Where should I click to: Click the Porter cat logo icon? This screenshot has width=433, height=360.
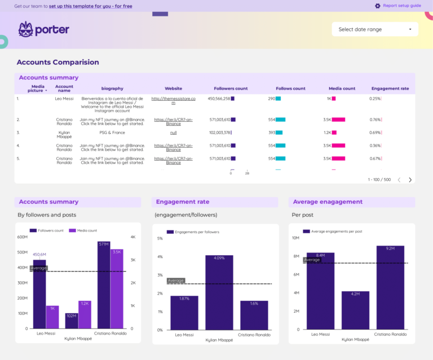[25, 29]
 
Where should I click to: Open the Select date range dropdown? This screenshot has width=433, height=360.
[375, 29]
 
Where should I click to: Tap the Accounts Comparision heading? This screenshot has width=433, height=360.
[58, 62]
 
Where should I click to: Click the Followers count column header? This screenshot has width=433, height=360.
[231, 88]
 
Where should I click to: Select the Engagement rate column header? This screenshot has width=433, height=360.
[390, 88]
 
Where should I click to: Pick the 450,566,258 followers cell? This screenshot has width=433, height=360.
[219, 99]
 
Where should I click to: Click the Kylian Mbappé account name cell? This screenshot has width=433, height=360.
[64, 135]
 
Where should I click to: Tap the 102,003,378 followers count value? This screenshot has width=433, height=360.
[219, 132]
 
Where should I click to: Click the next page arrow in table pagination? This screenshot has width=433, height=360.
[410, 180]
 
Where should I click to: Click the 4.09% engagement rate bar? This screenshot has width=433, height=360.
[219, 292]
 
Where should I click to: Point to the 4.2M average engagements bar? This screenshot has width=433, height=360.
[355, 310]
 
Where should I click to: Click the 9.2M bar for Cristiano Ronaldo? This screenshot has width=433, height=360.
[390, 287]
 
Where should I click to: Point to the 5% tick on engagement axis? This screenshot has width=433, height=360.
[160, 238]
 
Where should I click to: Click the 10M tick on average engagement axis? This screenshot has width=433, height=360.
[295, 238]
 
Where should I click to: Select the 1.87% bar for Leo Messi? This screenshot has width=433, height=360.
[184, 313]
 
